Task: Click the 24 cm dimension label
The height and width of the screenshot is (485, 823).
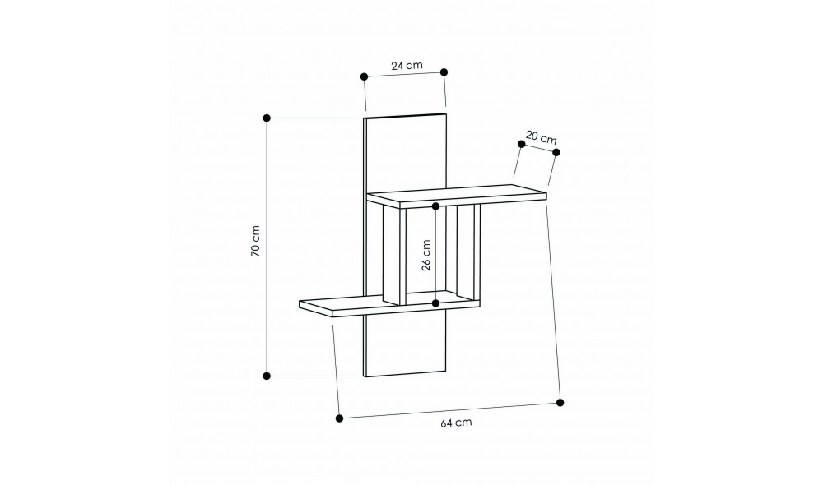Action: [x=407, y=66]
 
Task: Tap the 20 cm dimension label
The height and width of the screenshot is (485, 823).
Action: [x=542, y=138]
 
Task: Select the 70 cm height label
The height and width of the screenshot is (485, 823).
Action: [x=255, y=241]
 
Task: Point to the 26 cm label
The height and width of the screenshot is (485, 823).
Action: [x=425, y=255]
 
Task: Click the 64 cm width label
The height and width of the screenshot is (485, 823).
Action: [x=456, y=423]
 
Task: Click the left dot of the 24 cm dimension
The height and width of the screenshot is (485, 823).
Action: [x=365, y=76]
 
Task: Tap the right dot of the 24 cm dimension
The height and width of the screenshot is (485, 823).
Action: [x=444, y=72]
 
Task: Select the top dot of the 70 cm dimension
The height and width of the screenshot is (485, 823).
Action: [x=267, y=118]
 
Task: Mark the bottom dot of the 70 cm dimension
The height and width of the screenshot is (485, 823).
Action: [x=267, y=376]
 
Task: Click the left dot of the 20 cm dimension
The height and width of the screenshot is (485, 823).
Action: [x=521, y=144]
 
